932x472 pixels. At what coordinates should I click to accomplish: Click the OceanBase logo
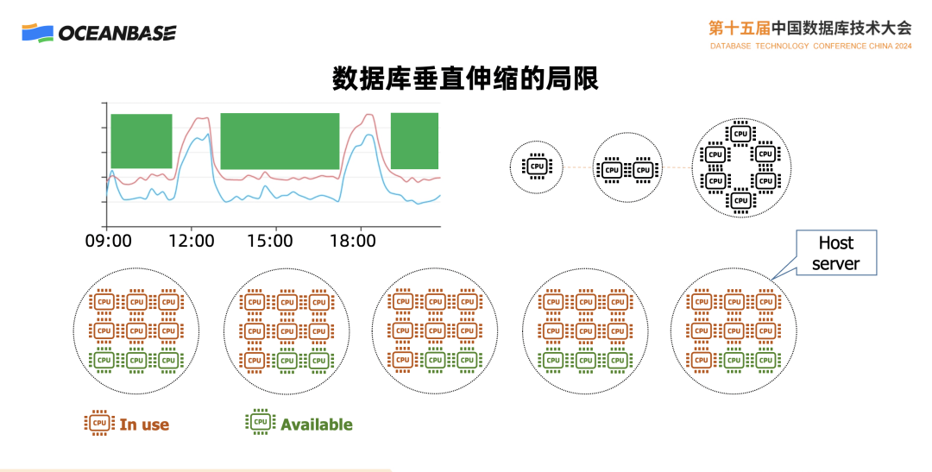tap(99, 33)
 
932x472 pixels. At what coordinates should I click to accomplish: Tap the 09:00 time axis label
tap(109, 241)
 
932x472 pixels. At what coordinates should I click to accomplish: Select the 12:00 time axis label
tap(191, 241)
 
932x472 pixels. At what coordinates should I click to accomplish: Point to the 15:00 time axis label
tap(269, 241)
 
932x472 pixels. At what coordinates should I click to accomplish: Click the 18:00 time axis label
tap(352, 241)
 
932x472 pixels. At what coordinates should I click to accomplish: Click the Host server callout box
tap(835, 252)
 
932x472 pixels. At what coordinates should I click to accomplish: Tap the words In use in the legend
tap(144, 425)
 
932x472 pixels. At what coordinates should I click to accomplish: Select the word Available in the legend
tap(317, 425)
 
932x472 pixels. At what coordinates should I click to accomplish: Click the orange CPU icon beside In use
tap(99, 423)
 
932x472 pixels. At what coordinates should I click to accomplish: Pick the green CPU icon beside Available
tap(260, 422)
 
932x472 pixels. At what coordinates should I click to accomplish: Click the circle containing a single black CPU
tap(537, 167)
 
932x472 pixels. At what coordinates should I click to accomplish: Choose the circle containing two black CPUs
tap(627, 168)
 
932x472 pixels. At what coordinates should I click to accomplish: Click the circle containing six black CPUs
tap(740, 167)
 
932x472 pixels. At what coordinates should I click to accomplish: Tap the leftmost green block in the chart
tap(142, 141)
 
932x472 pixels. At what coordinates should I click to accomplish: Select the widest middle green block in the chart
tap(280, 141)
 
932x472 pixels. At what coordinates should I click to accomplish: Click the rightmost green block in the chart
tap(415, 141)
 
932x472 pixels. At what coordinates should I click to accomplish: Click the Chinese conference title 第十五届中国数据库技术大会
tap(809, 27)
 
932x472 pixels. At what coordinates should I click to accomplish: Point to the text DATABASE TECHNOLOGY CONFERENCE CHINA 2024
tap(810, 46)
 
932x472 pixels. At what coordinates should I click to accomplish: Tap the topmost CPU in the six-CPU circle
tap(740, 133)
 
